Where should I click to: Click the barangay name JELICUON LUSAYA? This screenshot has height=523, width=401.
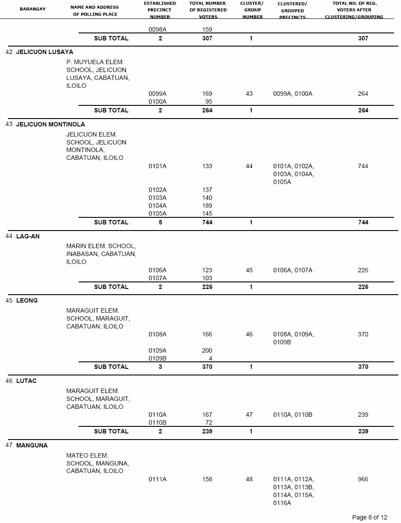(x=45, y=52)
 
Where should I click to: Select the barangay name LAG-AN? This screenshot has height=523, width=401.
(x=28, y=236)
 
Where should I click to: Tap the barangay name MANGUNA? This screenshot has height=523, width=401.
(x=32, y=445)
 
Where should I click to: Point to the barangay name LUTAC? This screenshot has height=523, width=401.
(x=26, y=381)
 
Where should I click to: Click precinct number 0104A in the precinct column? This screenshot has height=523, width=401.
(x=158, y=206)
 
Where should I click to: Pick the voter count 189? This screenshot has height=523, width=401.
(x=207, y=206)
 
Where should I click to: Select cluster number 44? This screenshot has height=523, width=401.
(x=249, y=166)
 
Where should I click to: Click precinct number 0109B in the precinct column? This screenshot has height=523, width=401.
(x=158, y=358)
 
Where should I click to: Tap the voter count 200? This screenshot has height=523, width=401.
(x=207, y=350)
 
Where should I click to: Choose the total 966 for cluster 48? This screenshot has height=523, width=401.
(x=363, y=479)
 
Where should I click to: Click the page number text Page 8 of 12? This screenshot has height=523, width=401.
(x=369, y=517)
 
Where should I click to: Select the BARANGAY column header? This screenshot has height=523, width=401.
(x=32, y=9)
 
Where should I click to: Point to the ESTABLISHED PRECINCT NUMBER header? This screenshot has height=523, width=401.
(x=160, y=10)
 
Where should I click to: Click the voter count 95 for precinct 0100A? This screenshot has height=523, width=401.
(x=208, y=101)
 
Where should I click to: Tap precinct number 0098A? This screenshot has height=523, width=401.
(x=158, y=29)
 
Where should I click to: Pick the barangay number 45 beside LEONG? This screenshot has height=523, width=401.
(x=9, y=300)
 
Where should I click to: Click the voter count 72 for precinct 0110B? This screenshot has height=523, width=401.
(x=208, y=422)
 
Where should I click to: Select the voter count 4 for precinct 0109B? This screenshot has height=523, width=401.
(x=211, y=358)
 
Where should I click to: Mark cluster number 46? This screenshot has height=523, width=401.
(x=249, y=334)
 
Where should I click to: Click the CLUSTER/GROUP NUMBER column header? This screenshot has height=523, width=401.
(x=252, y=10)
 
